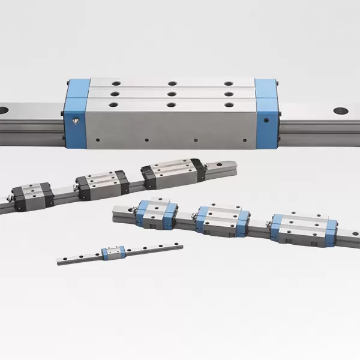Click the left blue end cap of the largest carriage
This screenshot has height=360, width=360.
(x=77, y=114)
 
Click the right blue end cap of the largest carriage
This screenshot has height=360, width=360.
(x=268, y=114)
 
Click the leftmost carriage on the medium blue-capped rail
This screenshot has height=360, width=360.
(x=156, y=213)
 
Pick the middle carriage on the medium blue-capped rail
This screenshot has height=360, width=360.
(x=222, y=221)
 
